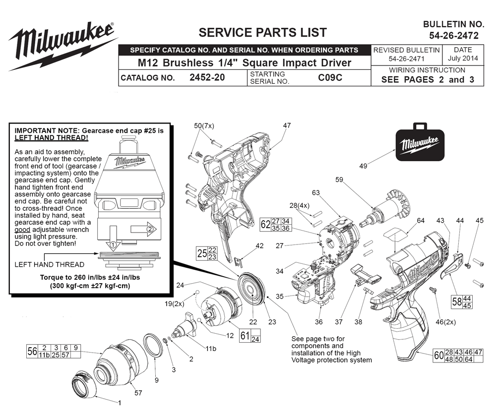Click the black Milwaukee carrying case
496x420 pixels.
pyautogui.click(x=420, y=142)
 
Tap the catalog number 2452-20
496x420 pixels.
pyautogui.click(x=207, y=77)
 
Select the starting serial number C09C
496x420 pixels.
pyautogui.click(x=330, y=77)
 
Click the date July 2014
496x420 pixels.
pyautogui.click(x=463, y=58)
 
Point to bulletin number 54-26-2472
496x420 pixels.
pyautogui.click(x=454, y=36)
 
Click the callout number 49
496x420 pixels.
pyautogui.click(x=363, y=166)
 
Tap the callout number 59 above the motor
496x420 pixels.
pyautogui.click(x=339, y=180)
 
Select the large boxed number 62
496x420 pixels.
pyautogui.click(x=265, y=225)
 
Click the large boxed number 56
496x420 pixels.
pyautogui.click(x=32, y=351)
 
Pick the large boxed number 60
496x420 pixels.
pyautogui.click(x=439, y=356)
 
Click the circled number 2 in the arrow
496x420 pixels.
pyautogui.click(x=150, y=229)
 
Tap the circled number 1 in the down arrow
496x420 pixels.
pyautogui.click(x=113, y=244)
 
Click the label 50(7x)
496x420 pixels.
pyautogui.click(x=204, y=126)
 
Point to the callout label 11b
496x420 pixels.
pyautogui.click(x=211, y=349)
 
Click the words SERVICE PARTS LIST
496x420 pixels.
pyautogui.click(x=262, y=33)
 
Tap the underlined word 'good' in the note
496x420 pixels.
pyautogui.click(x=22, y=230)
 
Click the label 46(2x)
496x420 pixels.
pyautogui.click(x=446, y=322)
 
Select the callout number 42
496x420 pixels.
pyautogui.click(x=260, y=246)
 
